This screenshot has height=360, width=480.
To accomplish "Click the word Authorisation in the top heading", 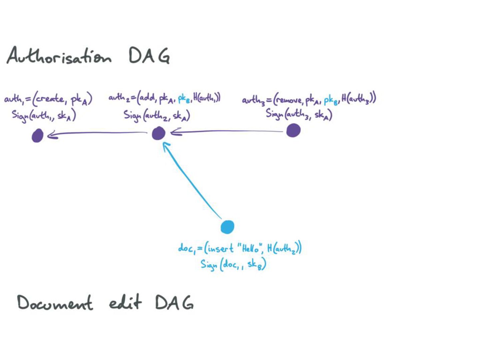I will tap(59, 56).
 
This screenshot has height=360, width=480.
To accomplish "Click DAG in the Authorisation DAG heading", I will tap(149, 56).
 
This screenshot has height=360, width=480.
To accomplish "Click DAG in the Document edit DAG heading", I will tap(174, 303).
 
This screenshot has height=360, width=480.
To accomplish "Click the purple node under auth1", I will tap(38, 136).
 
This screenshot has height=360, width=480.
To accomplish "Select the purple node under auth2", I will tap(159, 133).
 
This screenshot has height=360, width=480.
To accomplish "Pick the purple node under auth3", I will tap(294, 130).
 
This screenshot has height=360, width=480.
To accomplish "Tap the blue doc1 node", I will tap(228, 227).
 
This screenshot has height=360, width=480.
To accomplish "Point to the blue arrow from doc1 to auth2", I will tap(192, 180).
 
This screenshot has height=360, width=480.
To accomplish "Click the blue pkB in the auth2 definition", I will tap(184, 99).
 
